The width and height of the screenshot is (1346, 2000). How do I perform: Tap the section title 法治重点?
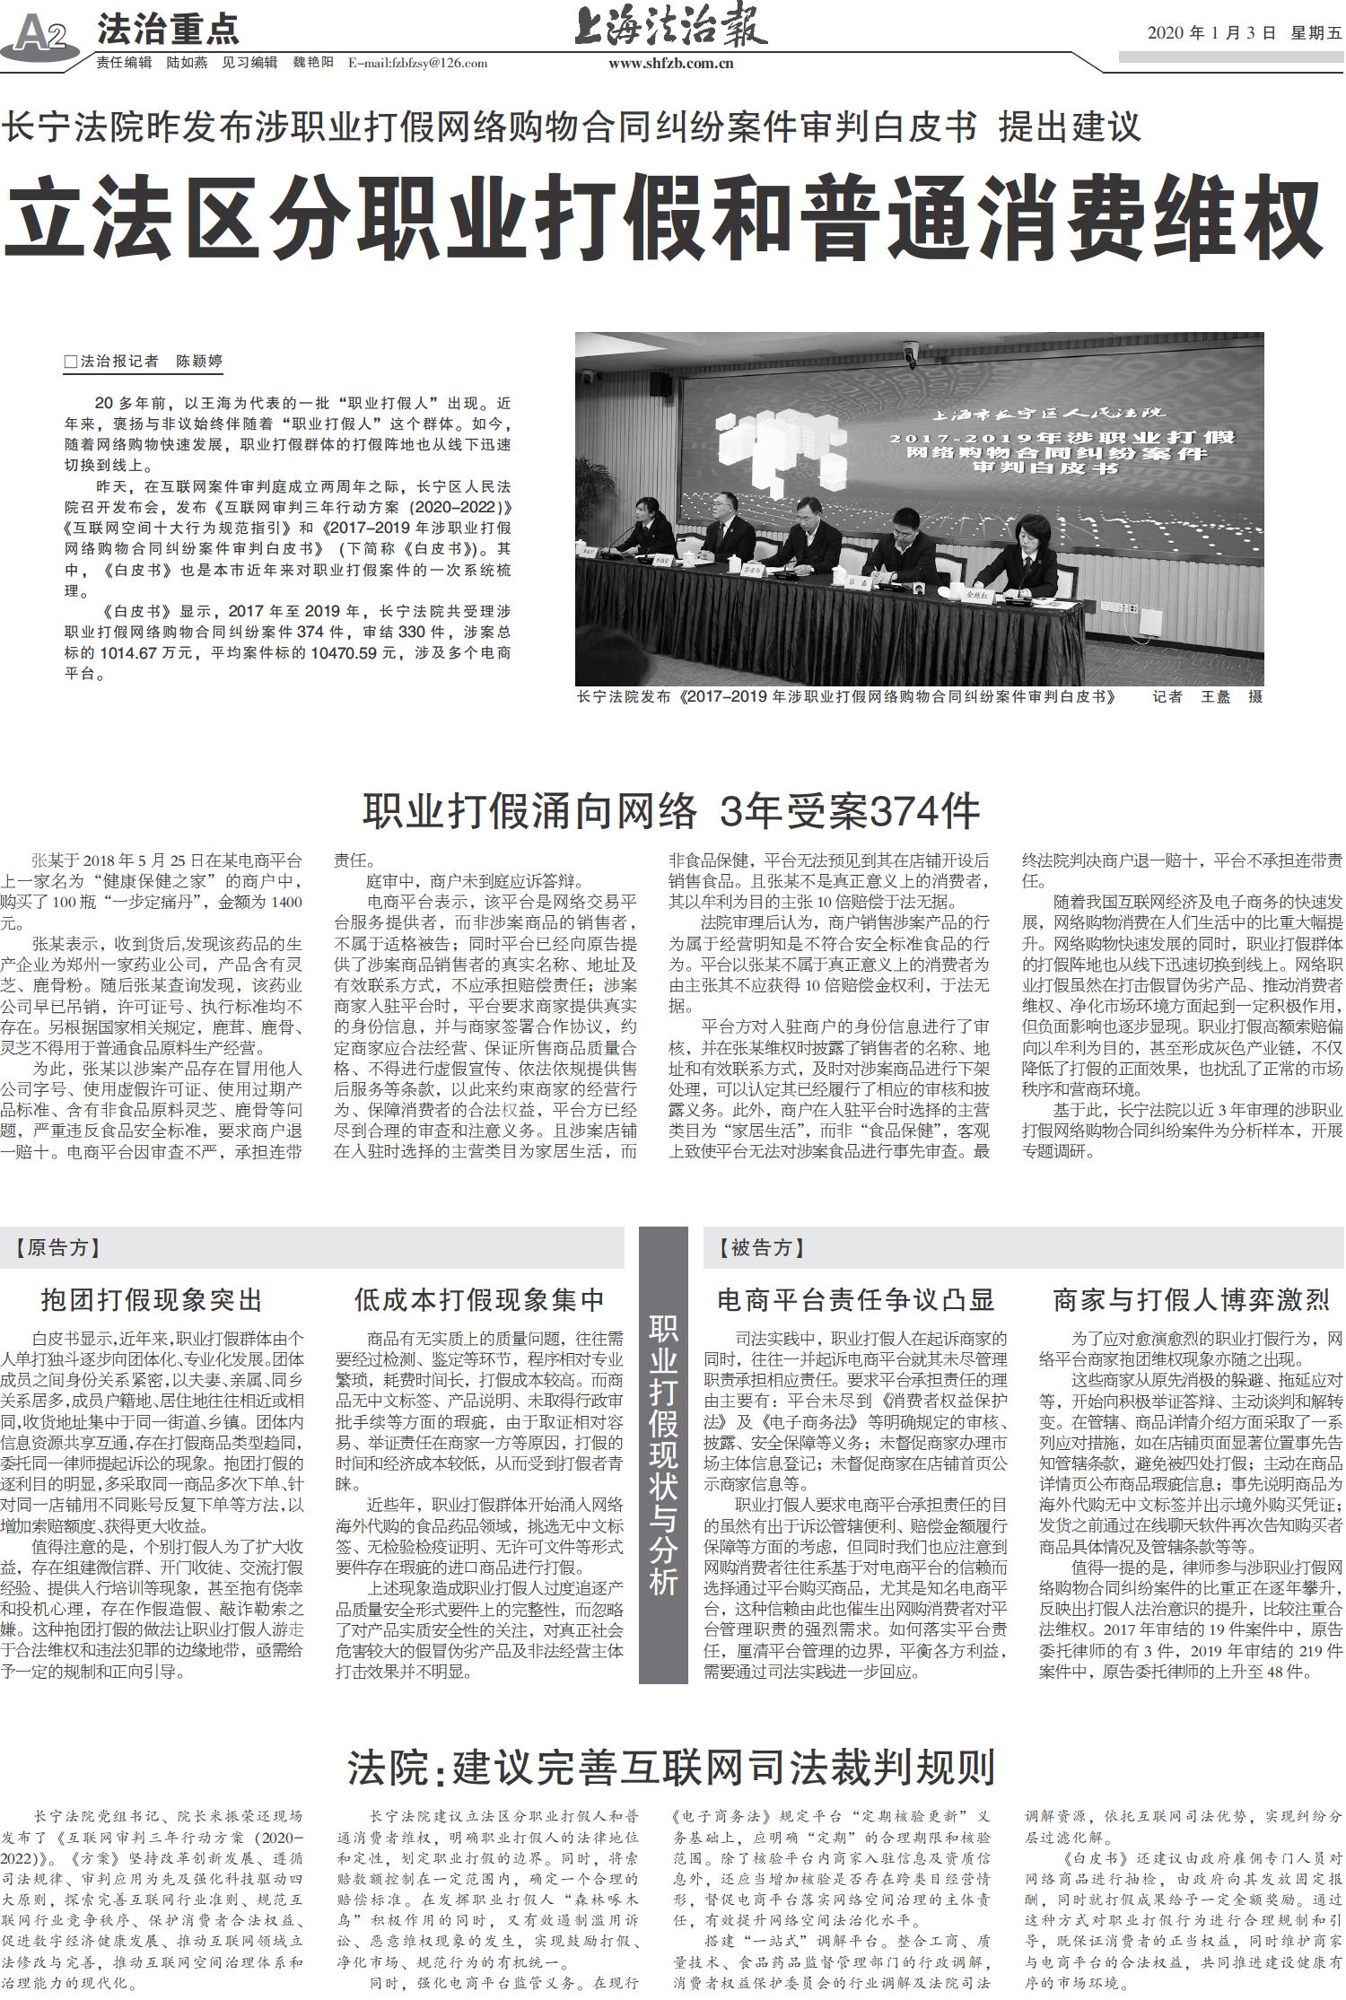click(x=168, y=31)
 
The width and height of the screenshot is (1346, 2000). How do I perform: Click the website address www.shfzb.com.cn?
click(x=670, y=64)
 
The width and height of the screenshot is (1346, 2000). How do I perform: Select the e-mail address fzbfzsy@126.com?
click(x=418, y=64)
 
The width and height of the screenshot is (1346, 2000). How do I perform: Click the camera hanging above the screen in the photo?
click(x=913, y=352)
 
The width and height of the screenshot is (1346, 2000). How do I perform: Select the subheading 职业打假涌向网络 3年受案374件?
click(x=671, y=812)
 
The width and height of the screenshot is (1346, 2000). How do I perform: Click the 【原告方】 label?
click(x=59, y=1247)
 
